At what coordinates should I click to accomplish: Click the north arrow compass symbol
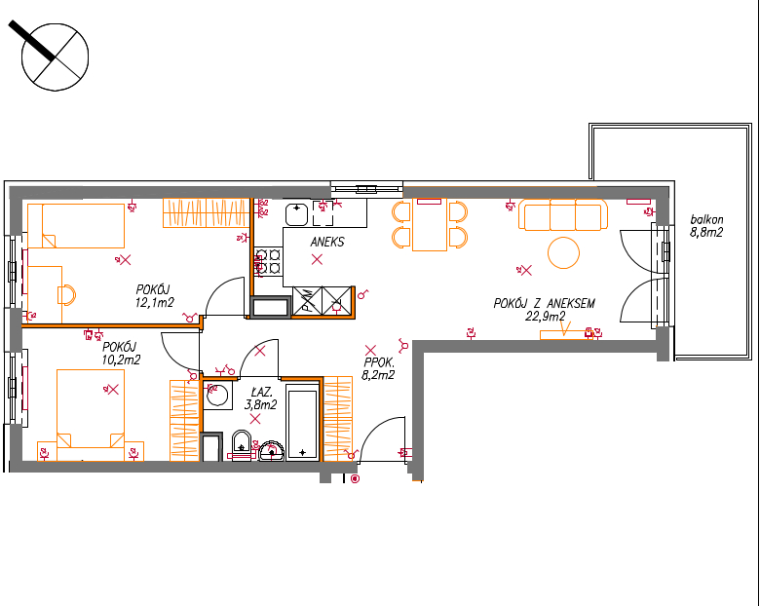tap(55, 57)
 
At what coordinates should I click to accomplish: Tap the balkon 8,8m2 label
tap(706, 226)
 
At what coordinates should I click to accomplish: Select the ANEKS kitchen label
tap(327, 242)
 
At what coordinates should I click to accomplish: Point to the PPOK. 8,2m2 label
tap(379, 368)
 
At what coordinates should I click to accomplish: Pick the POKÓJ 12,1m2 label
tap(154, 296)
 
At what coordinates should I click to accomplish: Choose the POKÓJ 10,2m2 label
tap(121, 353)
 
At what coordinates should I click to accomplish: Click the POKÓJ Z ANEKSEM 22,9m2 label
tap(545, 309)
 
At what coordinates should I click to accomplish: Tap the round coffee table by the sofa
tap(563, 252)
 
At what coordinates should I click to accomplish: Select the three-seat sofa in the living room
tap(563, 214)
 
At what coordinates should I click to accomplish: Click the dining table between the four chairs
tap(430, 224)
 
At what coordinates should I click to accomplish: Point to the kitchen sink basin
tap(296, 214)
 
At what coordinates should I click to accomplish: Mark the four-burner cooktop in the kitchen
tap(268, 262)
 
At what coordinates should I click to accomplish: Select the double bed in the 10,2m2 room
tap(91, 415)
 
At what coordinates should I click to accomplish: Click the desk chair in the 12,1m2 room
tap(67, 295)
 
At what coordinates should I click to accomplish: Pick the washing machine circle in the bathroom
tap(217, 396)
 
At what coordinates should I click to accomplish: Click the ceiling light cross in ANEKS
tap(317, 259)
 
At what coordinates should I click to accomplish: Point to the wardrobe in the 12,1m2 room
tap(206, 212)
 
